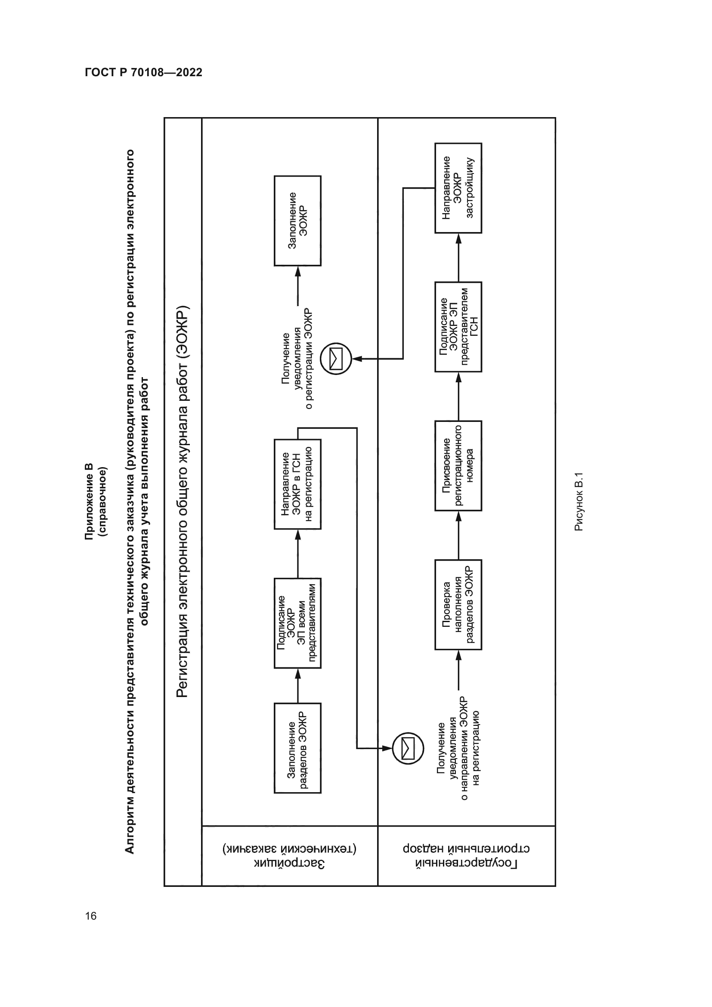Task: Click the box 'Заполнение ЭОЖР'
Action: tap(297, 220)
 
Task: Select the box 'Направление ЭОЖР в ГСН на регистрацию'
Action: tap(297, 484)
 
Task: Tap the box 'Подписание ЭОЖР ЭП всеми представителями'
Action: tap(297, 623)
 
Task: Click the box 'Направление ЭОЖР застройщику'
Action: tap(458, 188)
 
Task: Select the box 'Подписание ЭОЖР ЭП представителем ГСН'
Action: tap(458, 327)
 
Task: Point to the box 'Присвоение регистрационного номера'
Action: tap(458, 465)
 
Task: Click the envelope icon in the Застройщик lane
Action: tap(336, 359)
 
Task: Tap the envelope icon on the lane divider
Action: tap(408, 748)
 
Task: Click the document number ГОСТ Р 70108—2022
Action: tap(143, 72)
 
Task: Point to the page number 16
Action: tap(91, 916)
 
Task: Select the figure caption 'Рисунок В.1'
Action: tap(579, 502)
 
